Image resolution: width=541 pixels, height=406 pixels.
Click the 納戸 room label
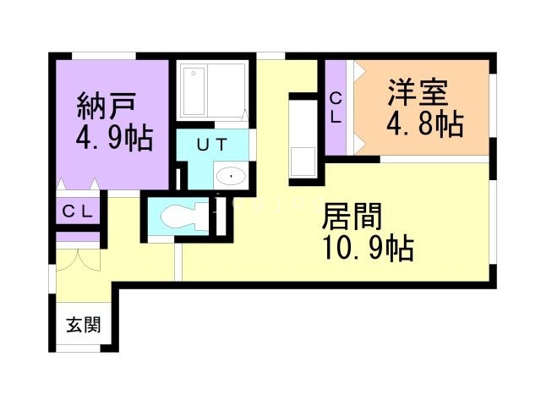(x=106, y=106)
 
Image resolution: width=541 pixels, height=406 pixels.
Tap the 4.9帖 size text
(x=114, y=137)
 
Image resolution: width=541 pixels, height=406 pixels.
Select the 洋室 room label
(x=418, y=92)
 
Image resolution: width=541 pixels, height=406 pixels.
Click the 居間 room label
(x=352, y=217)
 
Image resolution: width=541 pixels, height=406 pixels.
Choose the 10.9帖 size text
(x=369, y=247)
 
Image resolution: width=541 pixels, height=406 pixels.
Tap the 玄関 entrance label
(x=84, y=325)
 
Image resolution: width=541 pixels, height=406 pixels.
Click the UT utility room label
(x=212, y=145)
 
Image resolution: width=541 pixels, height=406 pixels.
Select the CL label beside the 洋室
(x=336, y=108)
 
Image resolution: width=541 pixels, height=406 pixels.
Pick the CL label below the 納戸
(x=78, y=211)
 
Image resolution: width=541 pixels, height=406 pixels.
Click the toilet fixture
(x=185, y=217)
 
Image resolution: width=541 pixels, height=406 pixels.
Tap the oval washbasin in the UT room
(x=231, y=176)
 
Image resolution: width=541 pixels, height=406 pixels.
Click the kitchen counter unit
(x=303, y=139)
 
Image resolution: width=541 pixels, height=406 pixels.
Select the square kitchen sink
(x=303, y=162)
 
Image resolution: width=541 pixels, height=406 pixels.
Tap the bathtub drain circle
(x=194, y=74)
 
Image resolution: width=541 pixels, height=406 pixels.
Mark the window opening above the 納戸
(x=104, y=56)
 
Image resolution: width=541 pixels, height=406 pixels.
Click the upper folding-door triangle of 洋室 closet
(x=359, y=69)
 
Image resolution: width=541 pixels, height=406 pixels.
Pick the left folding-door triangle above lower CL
(x=61, y=184)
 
